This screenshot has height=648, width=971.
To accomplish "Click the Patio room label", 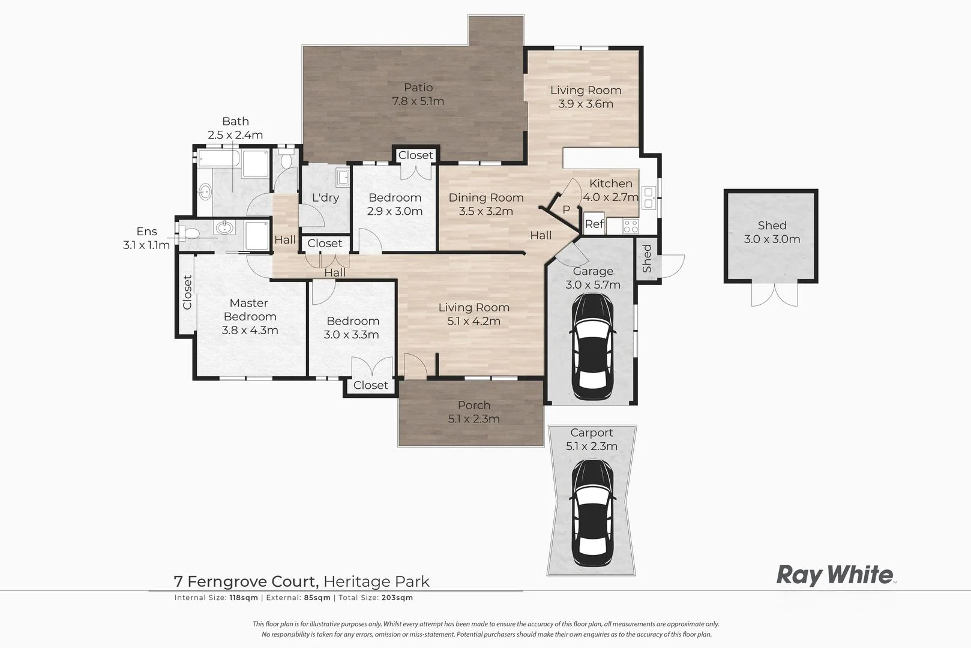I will (x=418, y=88).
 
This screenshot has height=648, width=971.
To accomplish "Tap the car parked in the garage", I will (x=592, y=348).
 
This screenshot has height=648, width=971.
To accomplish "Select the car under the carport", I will (x=592, y=513).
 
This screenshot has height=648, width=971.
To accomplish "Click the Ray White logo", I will (x=835, y=575).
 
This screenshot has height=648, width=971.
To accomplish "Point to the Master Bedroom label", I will (x=249, y=310).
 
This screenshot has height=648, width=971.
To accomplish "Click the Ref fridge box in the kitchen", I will (x=594, y=224).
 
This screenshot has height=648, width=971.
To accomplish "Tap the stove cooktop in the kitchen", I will (x=630, y=226).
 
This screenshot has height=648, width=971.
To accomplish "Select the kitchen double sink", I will (x=648, y=197).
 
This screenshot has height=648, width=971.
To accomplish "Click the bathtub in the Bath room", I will (x=218, y=164).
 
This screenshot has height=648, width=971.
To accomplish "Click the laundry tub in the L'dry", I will (x=343, y=178).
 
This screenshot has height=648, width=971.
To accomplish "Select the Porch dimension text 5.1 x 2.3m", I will (x=473, y=419).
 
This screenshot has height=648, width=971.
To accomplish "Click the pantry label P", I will (x=566, y=210).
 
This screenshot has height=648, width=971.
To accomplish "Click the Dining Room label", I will (x=486, y=197).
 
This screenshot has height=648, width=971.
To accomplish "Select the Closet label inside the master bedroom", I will (x=187, y=292).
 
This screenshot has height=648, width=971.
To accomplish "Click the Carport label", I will (x=592, y=433).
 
